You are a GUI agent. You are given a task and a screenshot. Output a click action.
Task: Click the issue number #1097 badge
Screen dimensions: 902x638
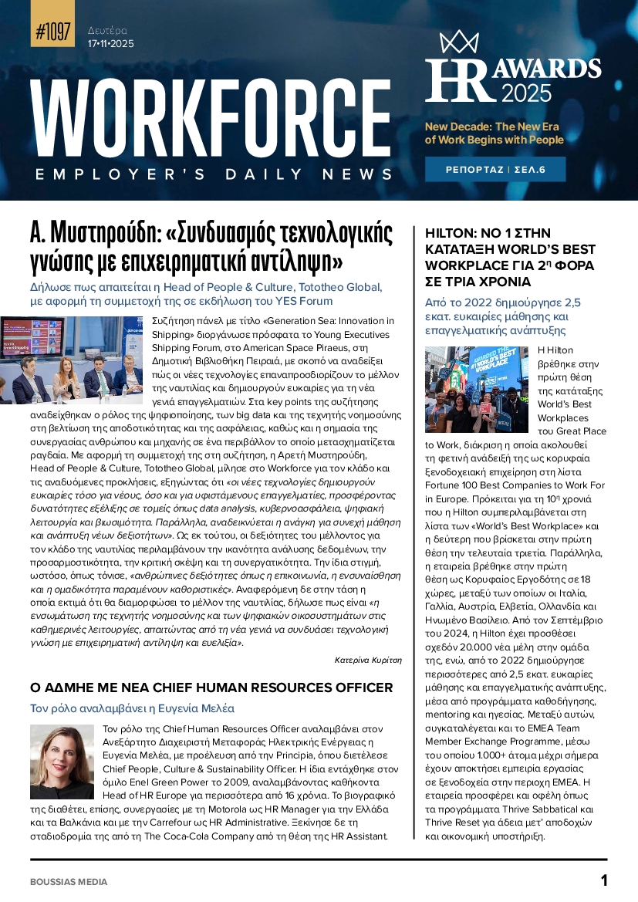coord(53,32)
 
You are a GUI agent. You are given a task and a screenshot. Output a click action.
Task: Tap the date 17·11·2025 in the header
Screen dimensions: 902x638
coord(111,44)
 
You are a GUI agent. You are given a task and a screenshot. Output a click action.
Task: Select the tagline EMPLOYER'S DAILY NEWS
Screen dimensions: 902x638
coord(214,174)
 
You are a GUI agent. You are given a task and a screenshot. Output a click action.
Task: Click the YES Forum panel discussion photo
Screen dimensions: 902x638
coord(72,360)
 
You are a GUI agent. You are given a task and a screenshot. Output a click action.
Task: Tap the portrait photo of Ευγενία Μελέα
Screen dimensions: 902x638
coord(62,762)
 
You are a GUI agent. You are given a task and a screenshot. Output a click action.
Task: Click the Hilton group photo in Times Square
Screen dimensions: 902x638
coord(476,389)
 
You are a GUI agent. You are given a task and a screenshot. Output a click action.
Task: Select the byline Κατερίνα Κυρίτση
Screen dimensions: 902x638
coord(368,660)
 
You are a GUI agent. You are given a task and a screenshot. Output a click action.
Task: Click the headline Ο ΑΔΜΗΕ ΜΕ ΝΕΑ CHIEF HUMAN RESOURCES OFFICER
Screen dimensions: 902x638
coord(211,687)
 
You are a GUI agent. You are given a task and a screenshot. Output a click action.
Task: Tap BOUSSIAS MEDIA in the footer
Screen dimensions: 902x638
coord(69,882)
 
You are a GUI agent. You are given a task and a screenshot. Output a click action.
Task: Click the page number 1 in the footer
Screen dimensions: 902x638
coord(604,880)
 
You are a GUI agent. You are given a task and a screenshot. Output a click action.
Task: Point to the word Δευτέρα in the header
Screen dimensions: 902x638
coord(107,31)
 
